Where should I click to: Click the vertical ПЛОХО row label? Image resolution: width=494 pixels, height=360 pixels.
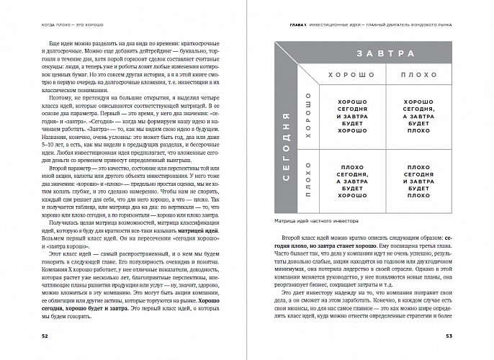pos(307,179)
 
